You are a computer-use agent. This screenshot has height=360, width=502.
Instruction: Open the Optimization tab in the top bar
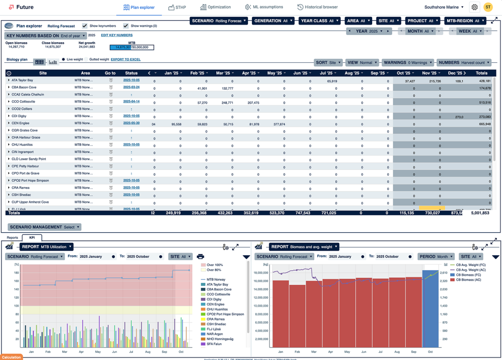(x=215, y=7)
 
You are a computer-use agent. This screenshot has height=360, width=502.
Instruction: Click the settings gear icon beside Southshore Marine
(x=474, y=7)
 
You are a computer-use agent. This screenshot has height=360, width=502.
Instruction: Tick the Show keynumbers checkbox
(x=85, y=26)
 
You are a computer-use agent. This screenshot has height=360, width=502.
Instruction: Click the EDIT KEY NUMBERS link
(x=117, y=35)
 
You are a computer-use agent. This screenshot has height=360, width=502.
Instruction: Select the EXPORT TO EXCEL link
(x=125, y=59)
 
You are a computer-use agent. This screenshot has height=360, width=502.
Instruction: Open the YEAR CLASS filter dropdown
(x=320, y=21)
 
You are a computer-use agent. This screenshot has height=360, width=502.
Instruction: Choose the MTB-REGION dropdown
(x=465, y=21)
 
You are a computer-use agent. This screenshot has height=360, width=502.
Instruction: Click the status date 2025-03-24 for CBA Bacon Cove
(x=131, y=87)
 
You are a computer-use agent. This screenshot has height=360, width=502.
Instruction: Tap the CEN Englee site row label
(x=23, y=123)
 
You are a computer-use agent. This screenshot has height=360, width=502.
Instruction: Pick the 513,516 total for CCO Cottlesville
(x=482, y=102)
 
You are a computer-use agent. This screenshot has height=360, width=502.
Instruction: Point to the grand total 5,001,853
(x=480, y=213)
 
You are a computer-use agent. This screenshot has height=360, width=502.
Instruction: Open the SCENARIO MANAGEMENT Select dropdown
(x=44, y=227)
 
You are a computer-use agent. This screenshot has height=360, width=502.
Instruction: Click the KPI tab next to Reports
(x=32, y=238)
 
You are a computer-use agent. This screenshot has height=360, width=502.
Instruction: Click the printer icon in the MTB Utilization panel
(x=201, y=257)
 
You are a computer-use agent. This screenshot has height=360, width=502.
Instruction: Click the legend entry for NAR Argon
(x=215, y=334)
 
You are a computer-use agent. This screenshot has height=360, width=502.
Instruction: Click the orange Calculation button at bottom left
(x=11, y=357)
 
